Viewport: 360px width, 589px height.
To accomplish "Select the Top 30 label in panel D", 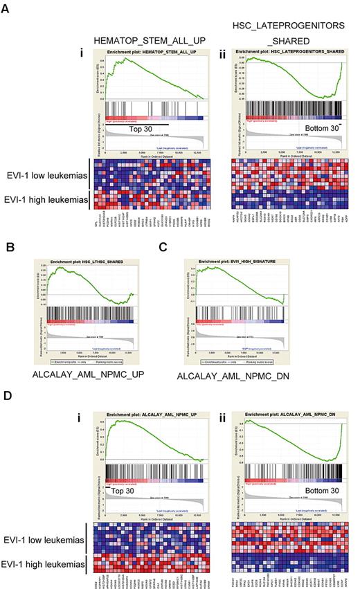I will tap(127, 490).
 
